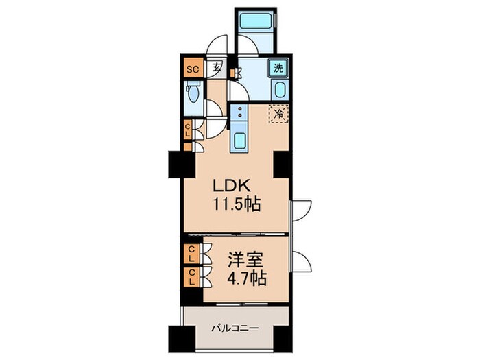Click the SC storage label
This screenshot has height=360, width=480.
(193, 69)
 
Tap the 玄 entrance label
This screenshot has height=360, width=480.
(217, 67)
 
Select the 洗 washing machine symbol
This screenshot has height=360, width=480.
(278, 68)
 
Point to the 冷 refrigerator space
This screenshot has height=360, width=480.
(278, 114)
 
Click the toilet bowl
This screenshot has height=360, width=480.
(193, 93)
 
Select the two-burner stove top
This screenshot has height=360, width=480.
(239, 112)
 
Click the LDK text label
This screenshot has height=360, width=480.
(232, 185)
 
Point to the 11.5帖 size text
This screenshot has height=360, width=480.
(237, 204)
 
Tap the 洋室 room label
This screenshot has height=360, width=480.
(245, 260)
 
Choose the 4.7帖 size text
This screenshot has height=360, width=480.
(246, 278)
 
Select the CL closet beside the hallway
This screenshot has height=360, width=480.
(188, 130)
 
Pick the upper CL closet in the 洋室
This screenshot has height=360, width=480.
(191, 254)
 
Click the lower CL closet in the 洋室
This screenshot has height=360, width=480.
(191, 277)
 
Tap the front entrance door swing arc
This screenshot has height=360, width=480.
(217, 43)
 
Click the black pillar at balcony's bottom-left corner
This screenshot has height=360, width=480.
(182, 339)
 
